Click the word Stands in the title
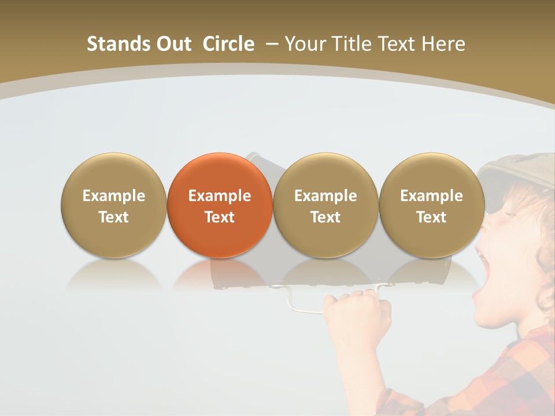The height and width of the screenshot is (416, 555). pyautogui.click(x=118, y=44)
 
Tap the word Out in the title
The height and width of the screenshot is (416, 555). pyautogui.click(x=174, y=44)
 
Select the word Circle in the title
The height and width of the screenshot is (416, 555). pyautogui.click(x=228, y=44)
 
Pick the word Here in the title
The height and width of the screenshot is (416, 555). pyautogui.click(x=443, y=44)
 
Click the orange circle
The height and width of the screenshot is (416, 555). pyautogui.click(x=220, y=206)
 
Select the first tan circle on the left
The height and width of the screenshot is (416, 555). pyautogui.click(x=113, y=206)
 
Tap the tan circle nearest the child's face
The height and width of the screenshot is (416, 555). pyautogui.click(x=432, y=206)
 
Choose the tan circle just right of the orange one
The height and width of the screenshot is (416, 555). pyautogui.click(x=325, y=206)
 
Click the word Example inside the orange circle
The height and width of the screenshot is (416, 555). pyautogui.click(x=220, y=196)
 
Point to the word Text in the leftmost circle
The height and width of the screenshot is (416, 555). pyautogui.click(x=113, y=217)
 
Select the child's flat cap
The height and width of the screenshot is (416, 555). pyautogui.click(x=517, y=170)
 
